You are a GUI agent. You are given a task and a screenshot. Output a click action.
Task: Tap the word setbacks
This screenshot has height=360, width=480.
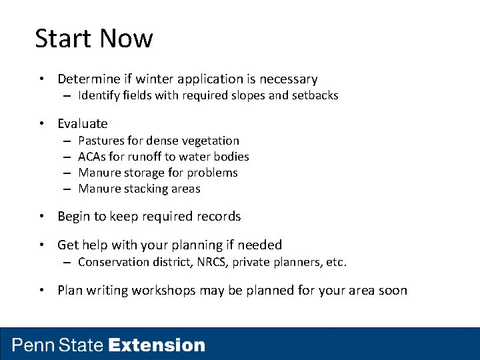tap(313, 95)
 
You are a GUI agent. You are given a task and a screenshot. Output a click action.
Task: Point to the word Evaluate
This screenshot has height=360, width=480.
tap(82, 123)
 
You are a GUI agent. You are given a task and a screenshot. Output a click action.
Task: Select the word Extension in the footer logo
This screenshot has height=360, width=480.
tap(157, 345)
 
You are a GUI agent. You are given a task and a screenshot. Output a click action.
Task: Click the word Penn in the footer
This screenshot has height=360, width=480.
tap(34, 345)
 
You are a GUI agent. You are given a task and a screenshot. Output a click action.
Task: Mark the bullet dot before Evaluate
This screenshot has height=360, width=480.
tap(42, 124)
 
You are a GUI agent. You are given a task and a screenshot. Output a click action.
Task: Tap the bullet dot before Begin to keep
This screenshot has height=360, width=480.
tap(42, 217)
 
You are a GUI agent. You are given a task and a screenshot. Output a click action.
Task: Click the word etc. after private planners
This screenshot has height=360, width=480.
tap(336, 262)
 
